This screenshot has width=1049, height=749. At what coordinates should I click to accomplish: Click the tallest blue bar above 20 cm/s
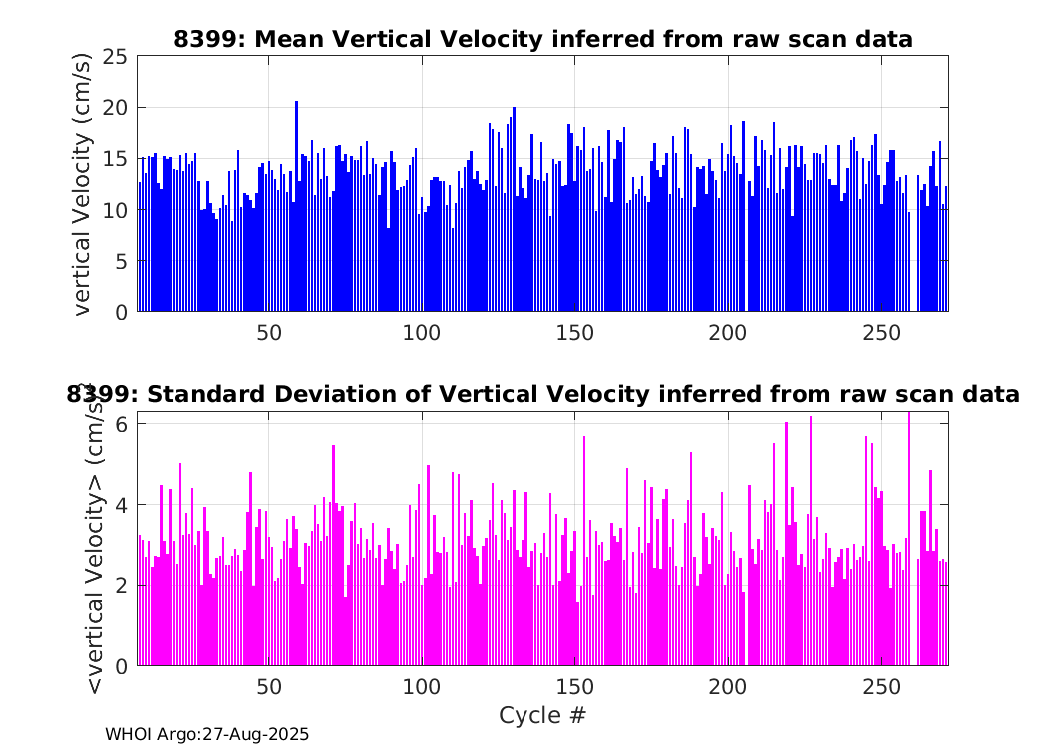pyautogui.click(x=297, y=206)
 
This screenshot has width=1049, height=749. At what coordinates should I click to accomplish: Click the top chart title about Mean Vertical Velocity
pyautogui.click(x=542, y=40)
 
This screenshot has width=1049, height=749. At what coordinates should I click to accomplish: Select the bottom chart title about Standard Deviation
pyautogui.click(x=542, y=394)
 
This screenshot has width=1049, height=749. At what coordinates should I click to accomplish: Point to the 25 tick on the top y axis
pyautogui.click(x=115, y=56)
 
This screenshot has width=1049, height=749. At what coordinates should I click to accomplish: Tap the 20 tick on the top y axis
pyautogui.click(x=115, y=108)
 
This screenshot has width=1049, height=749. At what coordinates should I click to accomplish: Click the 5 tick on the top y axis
pyautogui.click(x=121, y=261)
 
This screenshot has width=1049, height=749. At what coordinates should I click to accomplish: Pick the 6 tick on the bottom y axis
pyautogui.click(x=121, y=424)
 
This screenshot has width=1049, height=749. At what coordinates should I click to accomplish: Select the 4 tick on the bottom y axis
pyautogui.click(x=121, y=505)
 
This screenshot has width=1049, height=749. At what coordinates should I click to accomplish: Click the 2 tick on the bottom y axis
pyautogui.click(x=121, y=586)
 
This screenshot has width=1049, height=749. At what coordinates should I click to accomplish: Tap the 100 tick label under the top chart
pyautogui.click(x=422, y=332)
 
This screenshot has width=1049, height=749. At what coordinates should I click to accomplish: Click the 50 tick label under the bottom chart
pyautogui.click(x=269, y=687)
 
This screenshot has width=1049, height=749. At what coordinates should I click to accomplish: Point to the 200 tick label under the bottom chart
pyautogui.click(x=728, y=687)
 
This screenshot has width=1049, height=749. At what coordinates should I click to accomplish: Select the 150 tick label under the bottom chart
pyautogui.click(x=575, y=687)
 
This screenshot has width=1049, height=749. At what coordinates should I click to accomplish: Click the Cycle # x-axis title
pyautogui.click(x=542, y=715)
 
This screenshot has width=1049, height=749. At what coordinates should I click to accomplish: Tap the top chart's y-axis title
pyautogui.click(x=81, y=184)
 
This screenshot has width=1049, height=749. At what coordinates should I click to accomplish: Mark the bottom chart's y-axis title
pyautogui.click(x=94, y=538)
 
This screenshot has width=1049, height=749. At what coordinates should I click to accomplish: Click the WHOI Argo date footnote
pyautogui.click(x=207, y=734)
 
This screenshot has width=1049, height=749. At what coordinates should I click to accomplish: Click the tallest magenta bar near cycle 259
pyautogui.click(x=908, y=539)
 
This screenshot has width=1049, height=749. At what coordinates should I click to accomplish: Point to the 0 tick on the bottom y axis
pyautogui.click(x=121, y=666)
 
